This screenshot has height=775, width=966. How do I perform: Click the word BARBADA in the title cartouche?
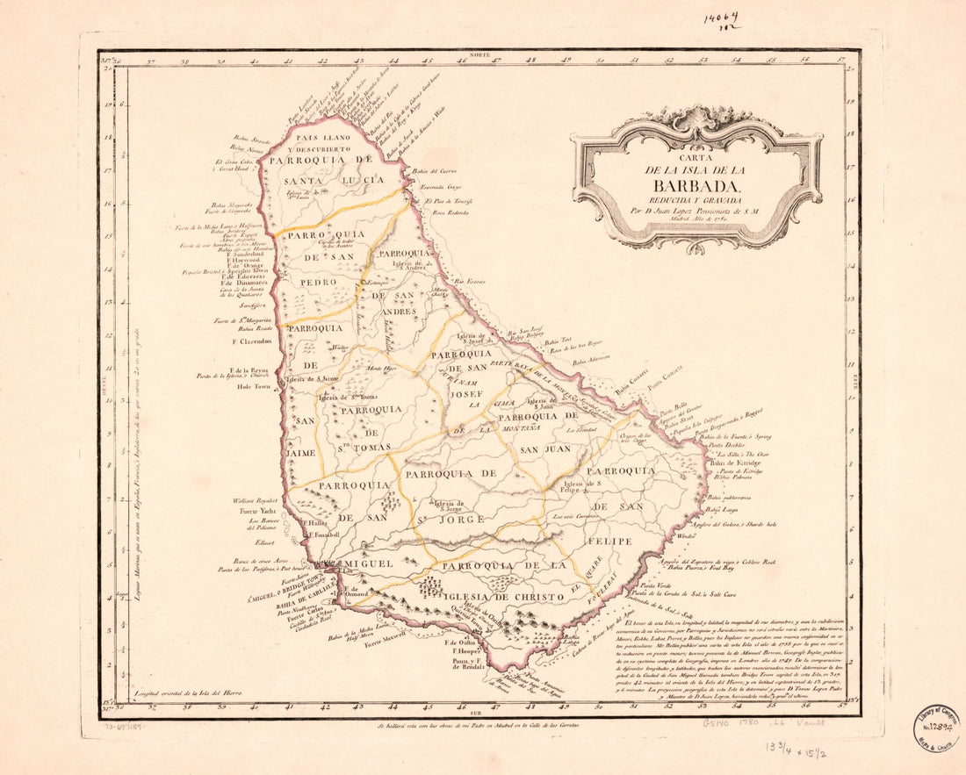coord(698,185)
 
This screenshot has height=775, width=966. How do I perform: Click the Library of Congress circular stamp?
coord(936,727)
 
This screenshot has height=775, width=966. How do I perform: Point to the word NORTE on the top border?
coord(479,54)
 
